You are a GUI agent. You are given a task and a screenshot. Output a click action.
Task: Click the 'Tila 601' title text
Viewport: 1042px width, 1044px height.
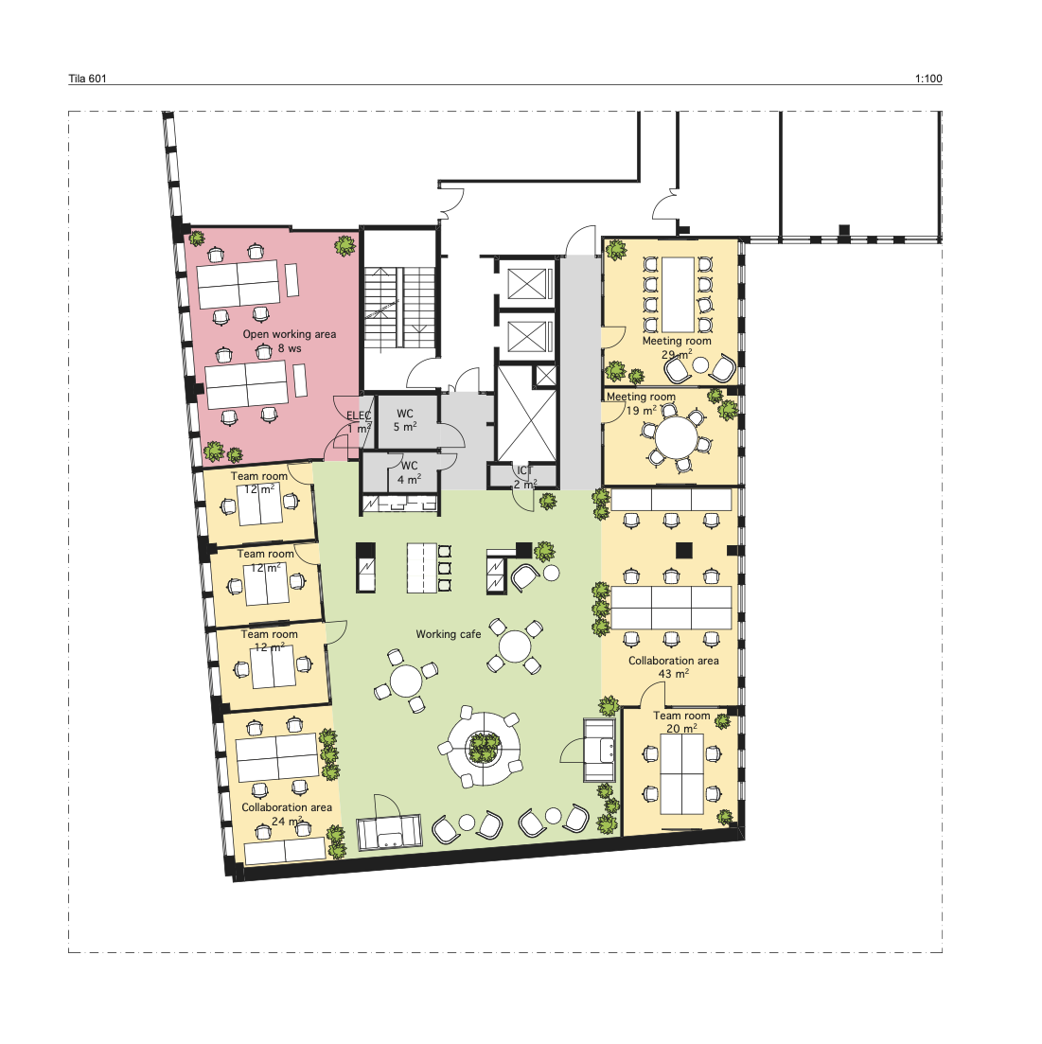point(87,79)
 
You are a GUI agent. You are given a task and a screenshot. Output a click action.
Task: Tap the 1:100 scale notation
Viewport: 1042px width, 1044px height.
point(928,79)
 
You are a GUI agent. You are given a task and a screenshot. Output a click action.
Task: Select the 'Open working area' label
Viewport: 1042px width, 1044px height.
point(289,334)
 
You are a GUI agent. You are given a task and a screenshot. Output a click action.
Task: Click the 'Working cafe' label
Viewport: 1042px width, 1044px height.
point(448,634)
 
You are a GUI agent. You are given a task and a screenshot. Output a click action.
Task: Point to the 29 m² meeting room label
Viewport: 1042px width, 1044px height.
point(677,347)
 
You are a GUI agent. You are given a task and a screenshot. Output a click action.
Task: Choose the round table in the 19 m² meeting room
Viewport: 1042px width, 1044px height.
point(676,437)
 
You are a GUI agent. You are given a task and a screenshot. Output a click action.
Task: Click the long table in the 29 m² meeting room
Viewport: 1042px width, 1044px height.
point(678,294)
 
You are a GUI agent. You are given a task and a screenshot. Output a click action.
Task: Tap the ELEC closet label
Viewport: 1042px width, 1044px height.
point(359,422)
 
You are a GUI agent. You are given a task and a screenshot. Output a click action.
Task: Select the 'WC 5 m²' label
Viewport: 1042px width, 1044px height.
point(405,420)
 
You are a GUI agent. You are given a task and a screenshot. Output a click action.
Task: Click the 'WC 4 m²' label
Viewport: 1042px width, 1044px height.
point(410,472)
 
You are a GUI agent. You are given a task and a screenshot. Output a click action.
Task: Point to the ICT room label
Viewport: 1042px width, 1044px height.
point(524,477)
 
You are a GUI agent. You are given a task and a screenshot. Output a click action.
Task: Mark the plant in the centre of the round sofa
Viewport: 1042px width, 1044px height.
point(484,747)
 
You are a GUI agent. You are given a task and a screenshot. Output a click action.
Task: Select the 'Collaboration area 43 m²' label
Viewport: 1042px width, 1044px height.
point(674,667)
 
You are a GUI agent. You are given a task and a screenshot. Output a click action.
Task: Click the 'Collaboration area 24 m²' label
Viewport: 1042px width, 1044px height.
point(287,814)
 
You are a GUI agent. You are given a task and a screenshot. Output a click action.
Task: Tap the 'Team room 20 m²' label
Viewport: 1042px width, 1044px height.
point(681,722)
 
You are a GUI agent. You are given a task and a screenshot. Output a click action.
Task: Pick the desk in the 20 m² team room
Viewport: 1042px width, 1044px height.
point(681,773)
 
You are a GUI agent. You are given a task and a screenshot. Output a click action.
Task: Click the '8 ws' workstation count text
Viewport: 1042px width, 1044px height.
point(290,348)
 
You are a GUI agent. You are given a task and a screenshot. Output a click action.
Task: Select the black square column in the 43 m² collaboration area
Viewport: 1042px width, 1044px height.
point(684,551)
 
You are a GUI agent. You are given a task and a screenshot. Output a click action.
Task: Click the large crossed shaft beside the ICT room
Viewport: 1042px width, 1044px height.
point(526,413)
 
